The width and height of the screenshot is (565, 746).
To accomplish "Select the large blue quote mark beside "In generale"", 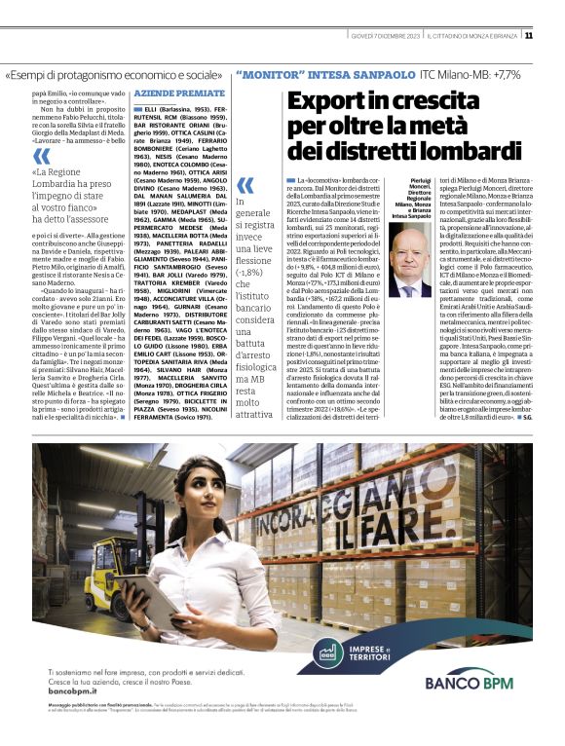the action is [x=245, y=183].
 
